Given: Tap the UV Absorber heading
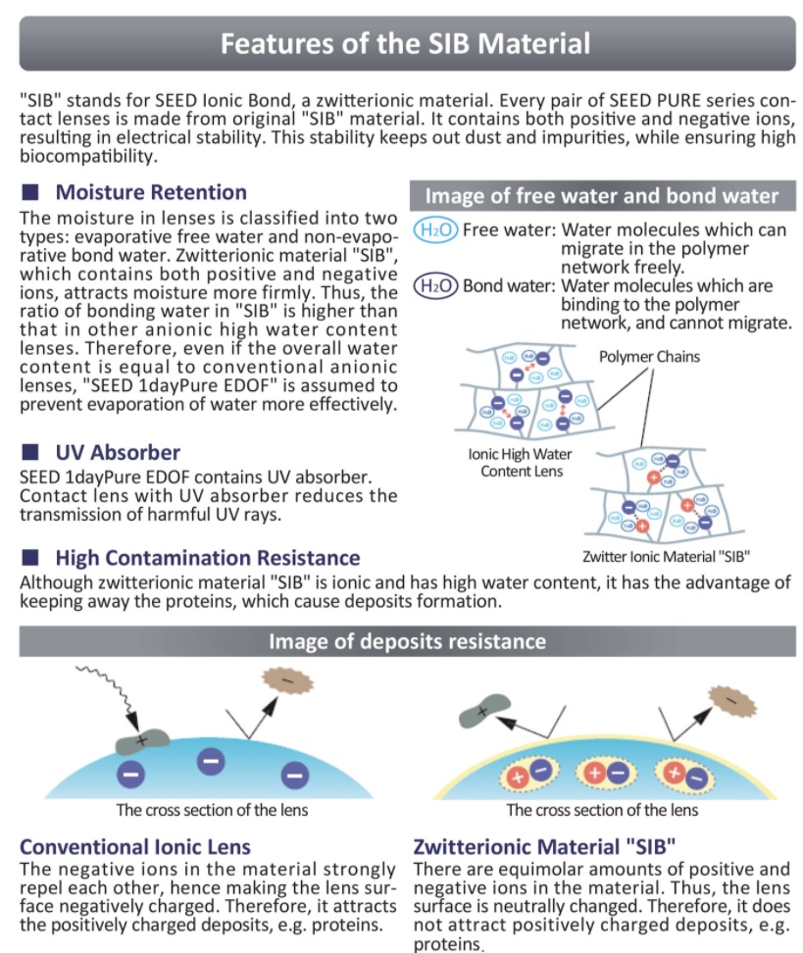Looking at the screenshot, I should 118,452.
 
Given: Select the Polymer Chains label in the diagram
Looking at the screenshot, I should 650,356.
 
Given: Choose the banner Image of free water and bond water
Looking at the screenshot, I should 602,195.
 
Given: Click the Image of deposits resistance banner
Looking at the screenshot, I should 407,642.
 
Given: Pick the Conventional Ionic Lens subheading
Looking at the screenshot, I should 135,845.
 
